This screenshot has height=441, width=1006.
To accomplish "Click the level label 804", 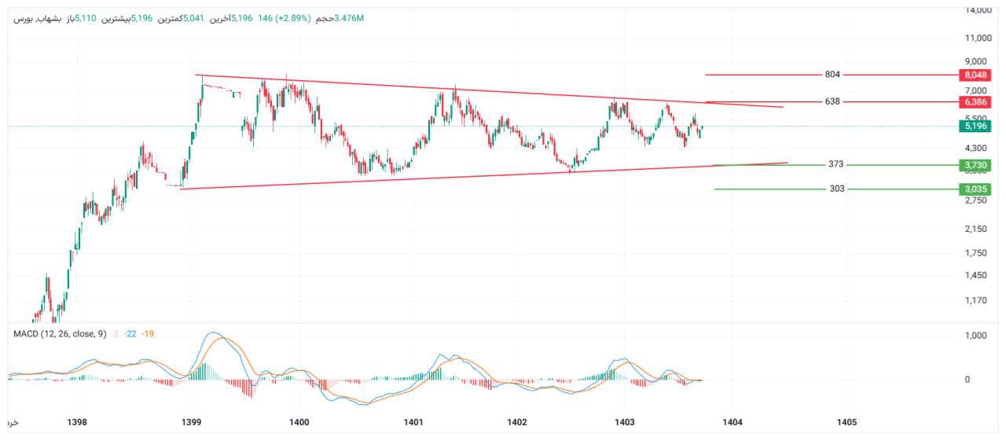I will point(832,75).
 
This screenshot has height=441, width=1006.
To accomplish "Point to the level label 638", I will point(832,102).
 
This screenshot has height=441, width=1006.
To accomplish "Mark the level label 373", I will point(836,165).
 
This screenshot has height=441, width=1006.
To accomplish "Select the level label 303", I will point(837,189).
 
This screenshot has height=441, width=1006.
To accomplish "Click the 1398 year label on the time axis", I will point(77,423).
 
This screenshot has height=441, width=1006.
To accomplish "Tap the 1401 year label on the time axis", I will point(413,423).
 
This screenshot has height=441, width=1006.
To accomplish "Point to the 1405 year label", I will point(847,423).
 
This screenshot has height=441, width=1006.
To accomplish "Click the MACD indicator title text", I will point(60,334).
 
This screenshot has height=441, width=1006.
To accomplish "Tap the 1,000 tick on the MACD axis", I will point(974,336).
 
